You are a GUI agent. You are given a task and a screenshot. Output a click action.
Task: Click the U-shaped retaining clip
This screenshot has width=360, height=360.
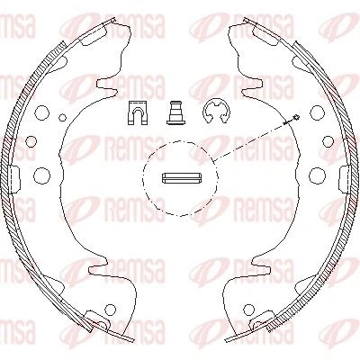tap(138, 112)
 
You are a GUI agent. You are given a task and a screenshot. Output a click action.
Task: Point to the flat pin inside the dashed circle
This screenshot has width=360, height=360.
tap(181, 177)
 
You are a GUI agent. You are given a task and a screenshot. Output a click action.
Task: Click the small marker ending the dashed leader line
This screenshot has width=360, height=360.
tap(296, 117)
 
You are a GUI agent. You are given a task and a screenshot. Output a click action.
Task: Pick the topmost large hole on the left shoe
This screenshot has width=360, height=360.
tap(41, 112)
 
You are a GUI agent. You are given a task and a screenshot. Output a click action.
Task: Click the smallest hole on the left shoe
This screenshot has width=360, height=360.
tap(62, 118)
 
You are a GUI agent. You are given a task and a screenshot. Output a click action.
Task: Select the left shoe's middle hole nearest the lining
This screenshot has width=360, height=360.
tap(31, 141)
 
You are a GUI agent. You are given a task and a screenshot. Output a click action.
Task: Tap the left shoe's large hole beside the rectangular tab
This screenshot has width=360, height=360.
tap(41, 175)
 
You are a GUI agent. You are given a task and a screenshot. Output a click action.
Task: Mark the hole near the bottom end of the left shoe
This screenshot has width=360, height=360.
tap(111, 309)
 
